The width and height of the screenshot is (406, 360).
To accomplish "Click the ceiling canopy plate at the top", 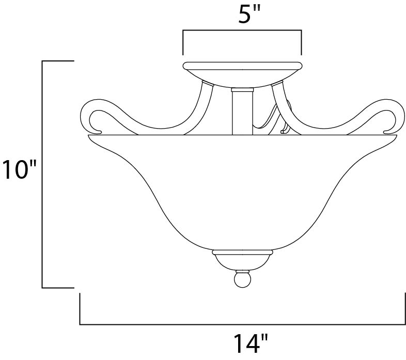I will click(242, 66).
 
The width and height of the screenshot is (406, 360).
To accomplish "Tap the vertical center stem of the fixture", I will click(240, 111).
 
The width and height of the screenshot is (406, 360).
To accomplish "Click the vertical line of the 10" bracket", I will click(42, 174).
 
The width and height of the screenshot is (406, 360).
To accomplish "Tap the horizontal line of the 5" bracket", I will click(242, 30).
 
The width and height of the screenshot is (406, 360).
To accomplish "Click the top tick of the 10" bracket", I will click(58, 61).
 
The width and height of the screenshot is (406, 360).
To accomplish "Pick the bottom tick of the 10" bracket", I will click(58, 287).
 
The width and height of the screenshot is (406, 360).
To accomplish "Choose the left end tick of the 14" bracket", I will click(80, 309).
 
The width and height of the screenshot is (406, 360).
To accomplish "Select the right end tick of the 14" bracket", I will click(404, 309).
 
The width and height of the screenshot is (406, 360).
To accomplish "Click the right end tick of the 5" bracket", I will click(301, 42).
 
